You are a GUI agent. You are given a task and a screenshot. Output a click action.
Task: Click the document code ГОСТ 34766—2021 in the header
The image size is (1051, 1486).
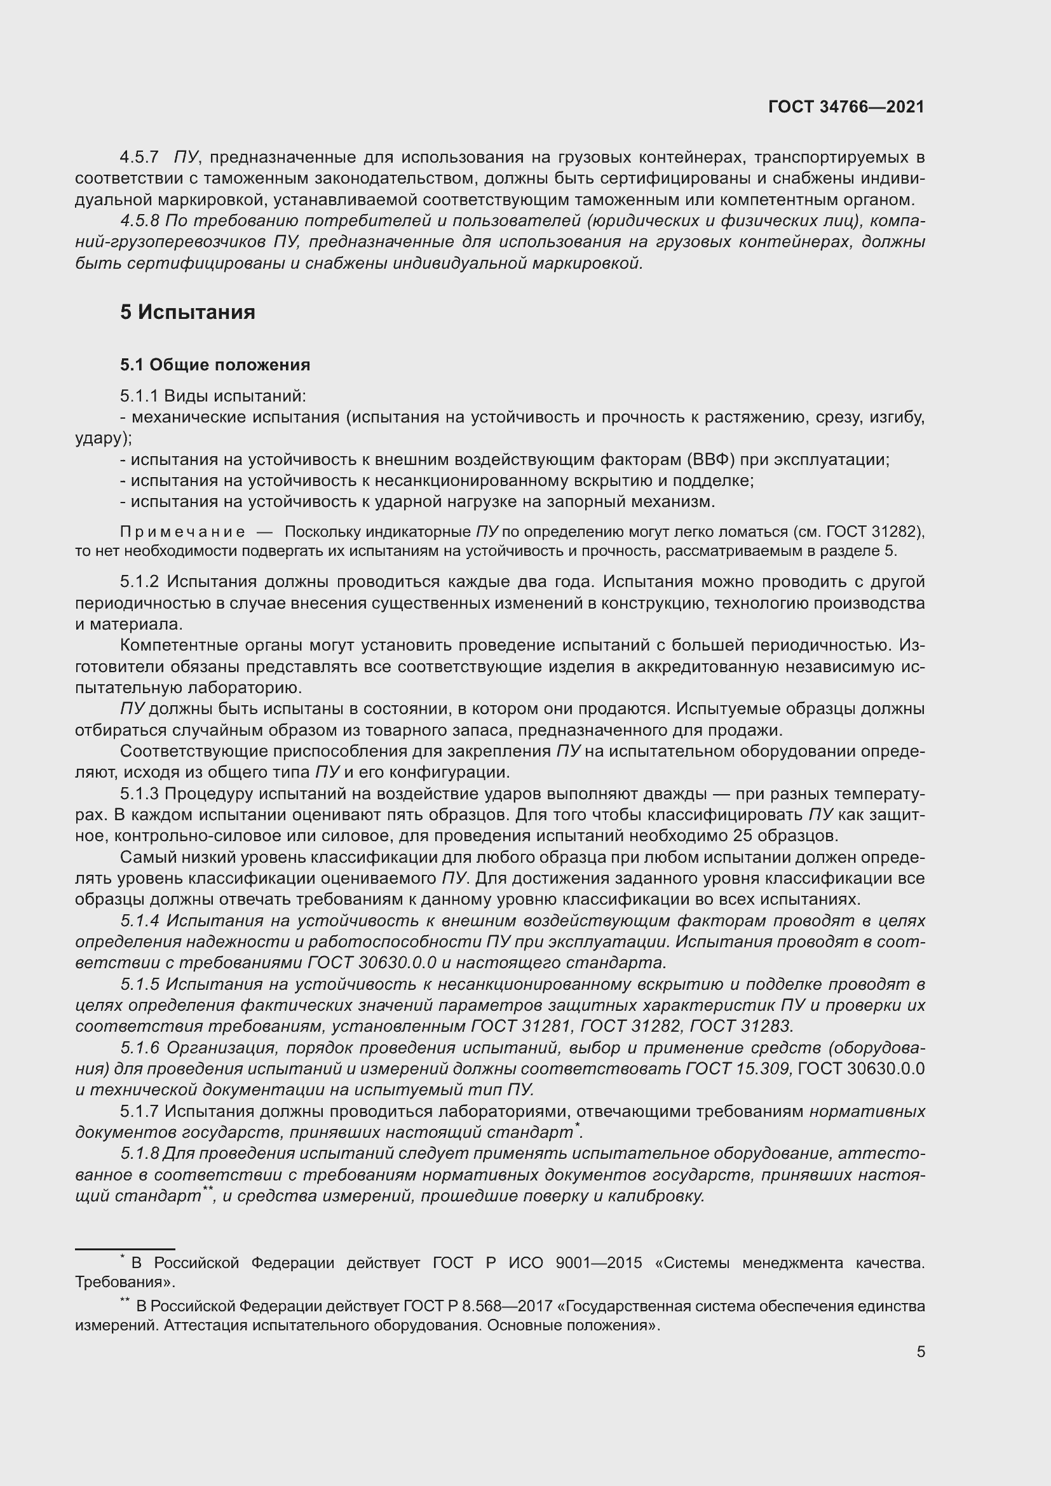846,107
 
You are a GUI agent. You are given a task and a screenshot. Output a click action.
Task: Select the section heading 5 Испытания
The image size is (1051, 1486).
187,312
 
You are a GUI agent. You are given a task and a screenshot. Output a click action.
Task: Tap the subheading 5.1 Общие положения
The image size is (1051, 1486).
215,365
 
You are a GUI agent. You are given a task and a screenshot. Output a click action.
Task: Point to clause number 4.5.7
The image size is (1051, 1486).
139,158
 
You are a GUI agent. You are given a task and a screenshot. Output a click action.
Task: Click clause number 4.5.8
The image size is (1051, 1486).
139,221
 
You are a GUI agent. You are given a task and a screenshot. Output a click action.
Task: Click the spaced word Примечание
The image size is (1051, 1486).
182,532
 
